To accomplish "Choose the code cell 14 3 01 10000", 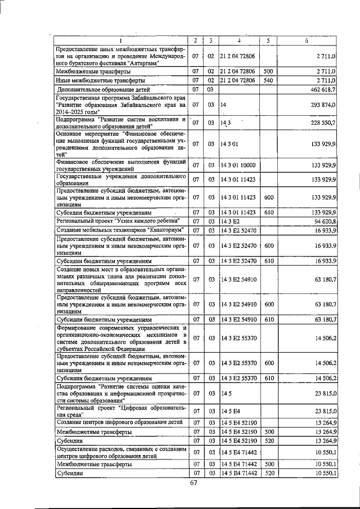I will tap(238, 165).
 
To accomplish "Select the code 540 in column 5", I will tap(268, 80).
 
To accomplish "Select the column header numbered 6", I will tap(306, 40).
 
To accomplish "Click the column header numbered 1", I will tap(120, 40).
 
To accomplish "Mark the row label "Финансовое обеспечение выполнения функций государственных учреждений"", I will tap(120, 165).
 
